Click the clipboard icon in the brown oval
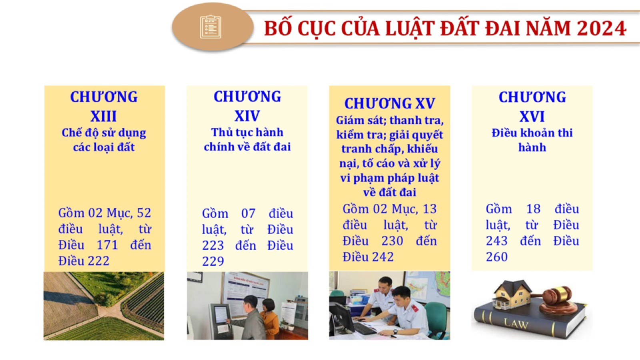pos(210,27)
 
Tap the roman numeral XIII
pos(104,116)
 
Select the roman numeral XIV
pos(247,116)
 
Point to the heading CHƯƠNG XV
pos(390,104)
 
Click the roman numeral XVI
pos(532,116)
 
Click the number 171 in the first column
pos(108,245)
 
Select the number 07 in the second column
pos(248,214)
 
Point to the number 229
pos(213,261)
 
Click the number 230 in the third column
pos(392,241)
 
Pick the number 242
pos(383,257)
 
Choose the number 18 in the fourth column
pos(534,209)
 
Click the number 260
pos(497,257)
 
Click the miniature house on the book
pos(512,294)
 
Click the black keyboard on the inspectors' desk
pos(364,328)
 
